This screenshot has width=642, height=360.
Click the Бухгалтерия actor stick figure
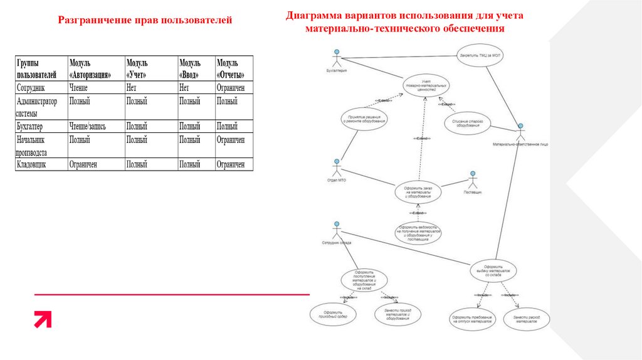[337, 59]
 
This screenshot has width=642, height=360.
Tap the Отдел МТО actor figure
[337, 168]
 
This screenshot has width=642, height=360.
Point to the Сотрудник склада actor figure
[337, 230]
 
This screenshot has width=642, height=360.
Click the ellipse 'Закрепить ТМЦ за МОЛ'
[481, 55]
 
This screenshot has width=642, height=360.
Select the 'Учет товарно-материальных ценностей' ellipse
[424, 86]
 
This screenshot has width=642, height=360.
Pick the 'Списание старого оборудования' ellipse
[467, 123]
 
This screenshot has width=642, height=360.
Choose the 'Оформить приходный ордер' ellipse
[332, 314]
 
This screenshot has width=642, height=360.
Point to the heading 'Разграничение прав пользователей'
[145, 21]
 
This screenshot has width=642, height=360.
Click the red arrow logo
[43, 319]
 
